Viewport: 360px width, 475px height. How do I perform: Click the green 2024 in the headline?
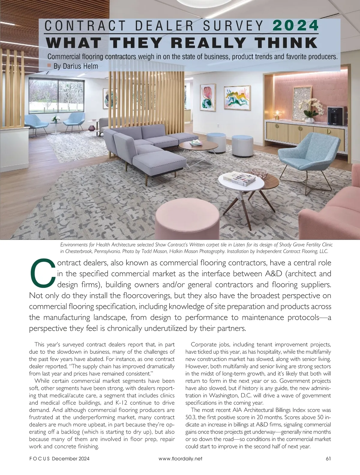[295, 26]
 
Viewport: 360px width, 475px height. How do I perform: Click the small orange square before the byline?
[49, 65]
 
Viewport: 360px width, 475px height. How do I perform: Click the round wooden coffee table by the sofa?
[198, 146]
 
